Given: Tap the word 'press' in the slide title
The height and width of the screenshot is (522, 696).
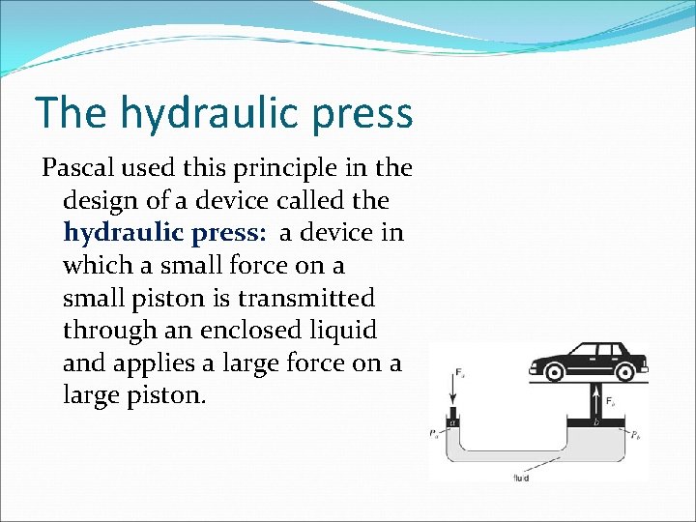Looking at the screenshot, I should [x=367, y=113].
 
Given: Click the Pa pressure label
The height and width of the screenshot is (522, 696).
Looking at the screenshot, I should [x=435, y=433].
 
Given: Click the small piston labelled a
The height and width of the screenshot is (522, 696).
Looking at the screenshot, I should [x=453, y=421].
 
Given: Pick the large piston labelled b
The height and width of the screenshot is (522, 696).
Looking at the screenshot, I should [x=594, y=423].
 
